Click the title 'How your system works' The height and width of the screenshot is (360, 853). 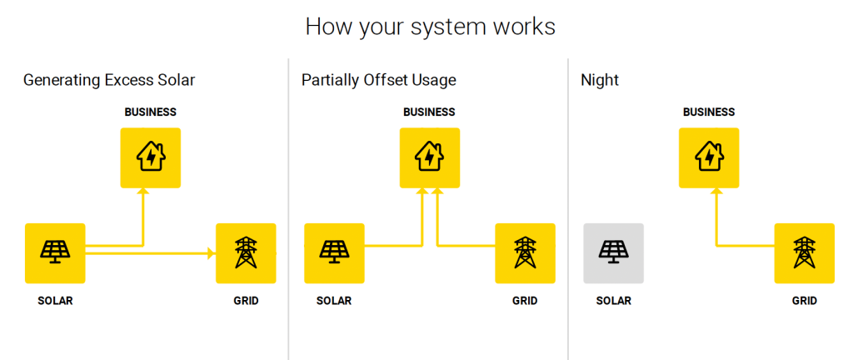(x=431, y=26)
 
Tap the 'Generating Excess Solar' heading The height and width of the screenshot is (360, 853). (x=109, y=81)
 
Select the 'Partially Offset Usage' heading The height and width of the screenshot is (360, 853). (x=379, y=81)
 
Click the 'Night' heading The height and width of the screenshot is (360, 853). (x=600, y=81)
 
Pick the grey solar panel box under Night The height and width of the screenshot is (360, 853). (x=614, y=253)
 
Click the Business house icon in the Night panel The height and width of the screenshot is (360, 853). (x=709, y=157)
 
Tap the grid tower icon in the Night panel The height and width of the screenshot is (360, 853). (x=804, y=252)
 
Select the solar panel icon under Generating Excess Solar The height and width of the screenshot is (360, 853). (x=55, y=252)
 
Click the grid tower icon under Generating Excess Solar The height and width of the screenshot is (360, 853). (x=246, y=252)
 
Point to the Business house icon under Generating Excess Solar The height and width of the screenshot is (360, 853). (x=150, y=157)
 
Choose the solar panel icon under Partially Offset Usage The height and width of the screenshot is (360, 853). (x=334, y=252)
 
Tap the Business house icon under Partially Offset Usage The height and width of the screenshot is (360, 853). (x=430, y=157)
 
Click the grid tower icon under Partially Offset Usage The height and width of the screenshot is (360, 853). (x=525, y=252)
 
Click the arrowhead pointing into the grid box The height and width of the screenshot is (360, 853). (x=212, y=252)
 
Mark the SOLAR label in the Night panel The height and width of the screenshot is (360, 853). (x=614, y=301)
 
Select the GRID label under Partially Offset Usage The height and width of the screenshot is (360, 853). (x=525, y=301)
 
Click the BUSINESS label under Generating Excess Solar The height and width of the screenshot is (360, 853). (x=151, y=112)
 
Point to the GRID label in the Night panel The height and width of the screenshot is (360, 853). (x=804, y=301)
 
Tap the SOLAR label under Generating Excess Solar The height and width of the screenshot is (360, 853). (x=55, y=301)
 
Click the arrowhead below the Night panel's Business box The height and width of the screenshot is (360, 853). (x=716, y=192)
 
